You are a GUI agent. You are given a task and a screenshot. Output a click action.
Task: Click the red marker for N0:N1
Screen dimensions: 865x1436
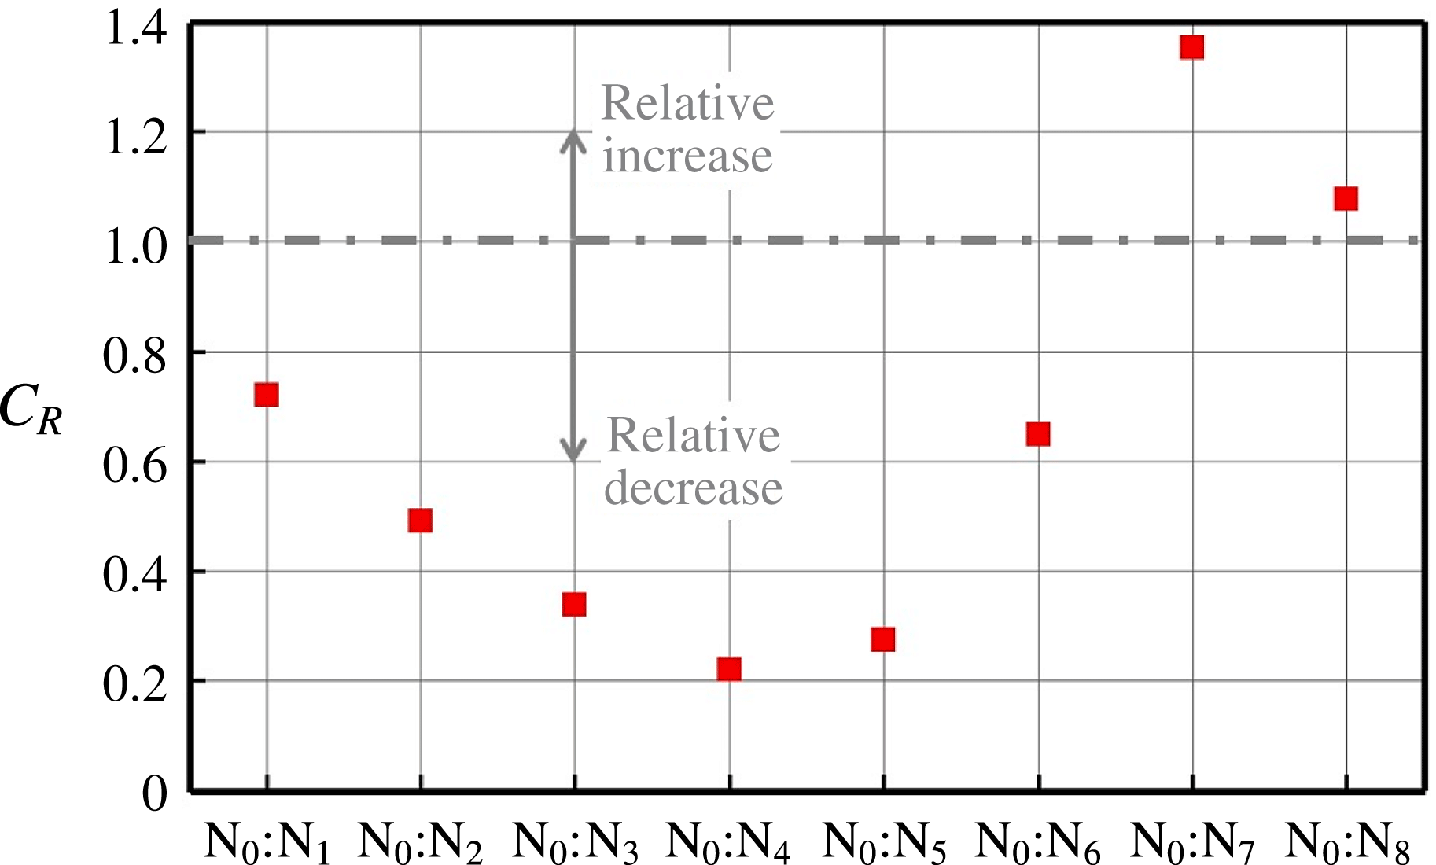point(267,394)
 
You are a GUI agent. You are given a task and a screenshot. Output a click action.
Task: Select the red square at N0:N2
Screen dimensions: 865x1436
point(420,520)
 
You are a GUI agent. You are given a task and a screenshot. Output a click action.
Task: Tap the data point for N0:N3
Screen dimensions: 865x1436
point(574,604)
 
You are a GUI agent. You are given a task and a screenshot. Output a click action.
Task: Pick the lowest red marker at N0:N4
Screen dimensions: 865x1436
point(729,669)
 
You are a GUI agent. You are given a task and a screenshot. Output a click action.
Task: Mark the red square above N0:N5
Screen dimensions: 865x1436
point(883,639)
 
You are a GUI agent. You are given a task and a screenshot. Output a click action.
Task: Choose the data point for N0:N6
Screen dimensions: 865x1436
point(1038,433)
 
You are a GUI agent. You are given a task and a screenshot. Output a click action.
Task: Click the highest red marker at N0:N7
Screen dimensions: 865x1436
point(1192,47)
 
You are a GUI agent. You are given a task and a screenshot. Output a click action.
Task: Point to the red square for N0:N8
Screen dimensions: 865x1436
point(1346,198)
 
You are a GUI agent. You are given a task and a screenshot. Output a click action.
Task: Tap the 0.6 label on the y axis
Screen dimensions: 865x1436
point(136,465)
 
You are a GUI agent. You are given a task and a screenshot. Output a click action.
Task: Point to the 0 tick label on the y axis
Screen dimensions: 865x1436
point(155,793)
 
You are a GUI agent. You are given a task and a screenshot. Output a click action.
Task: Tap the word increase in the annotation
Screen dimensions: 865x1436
point(687,156)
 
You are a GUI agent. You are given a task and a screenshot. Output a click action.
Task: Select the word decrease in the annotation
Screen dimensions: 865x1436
point(694,488)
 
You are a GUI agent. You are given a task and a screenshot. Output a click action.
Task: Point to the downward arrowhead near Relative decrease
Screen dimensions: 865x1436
point(573,451)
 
